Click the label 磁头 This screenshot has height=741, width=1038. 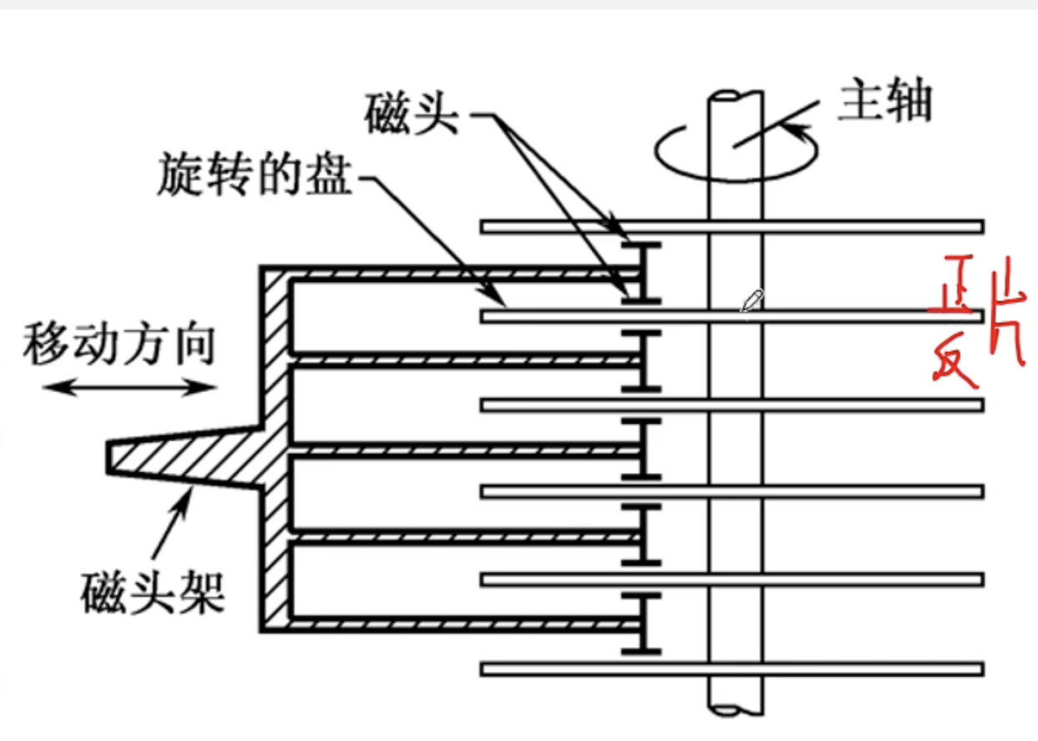coord(411,115)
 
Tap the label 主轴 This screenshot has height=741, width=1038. coord(884,104)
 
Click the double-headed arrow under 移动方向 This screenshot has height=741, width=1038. coord(128,387)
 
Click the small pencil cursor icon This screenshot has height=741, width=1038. coord(752,300)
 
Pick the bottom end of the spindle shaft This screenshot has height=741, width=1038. coord(735,708)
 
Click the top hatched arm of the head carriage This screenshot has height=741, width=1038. coord(459,274)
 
